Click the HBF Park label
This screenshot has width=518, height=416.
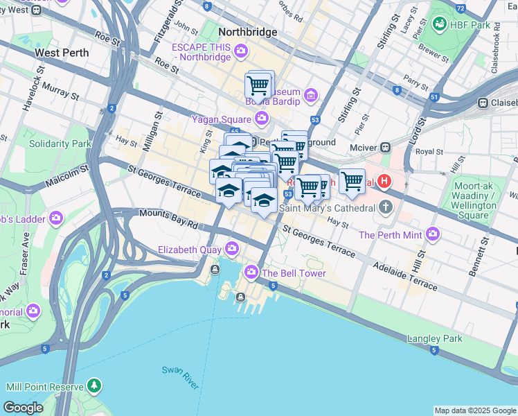point(474,25)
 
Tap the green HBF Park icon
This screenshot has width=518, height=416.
point(438,25)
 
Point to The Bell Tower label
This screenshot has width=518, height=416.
point(294,273)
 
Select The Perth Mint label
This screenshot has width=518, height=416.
point(390,234)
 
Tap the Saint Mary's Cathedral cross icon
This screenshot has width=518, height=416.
point(385,207)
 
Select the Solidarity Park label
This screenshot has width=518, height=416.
point(60,144)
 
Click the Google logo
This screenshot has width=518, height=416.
point(23,408)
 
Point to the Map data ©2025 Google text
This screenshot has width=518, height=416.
point(474,410)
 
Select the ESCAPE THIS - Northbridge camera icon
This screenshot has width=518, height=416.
point(241,51)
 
